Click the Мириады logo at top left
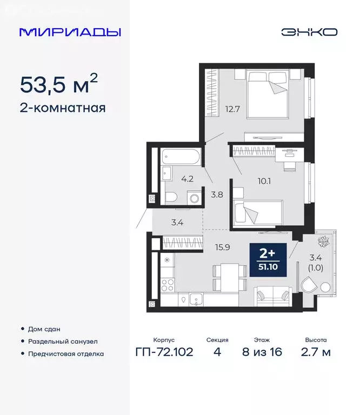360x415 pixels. point(70,32)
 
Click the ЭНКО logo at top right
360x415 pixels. point(309,32)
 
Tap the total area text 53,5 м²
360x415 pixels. point(59,84)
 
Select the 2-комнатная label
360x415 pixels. point(62,108)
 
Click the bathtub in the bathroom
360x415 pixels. point(181,158)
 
